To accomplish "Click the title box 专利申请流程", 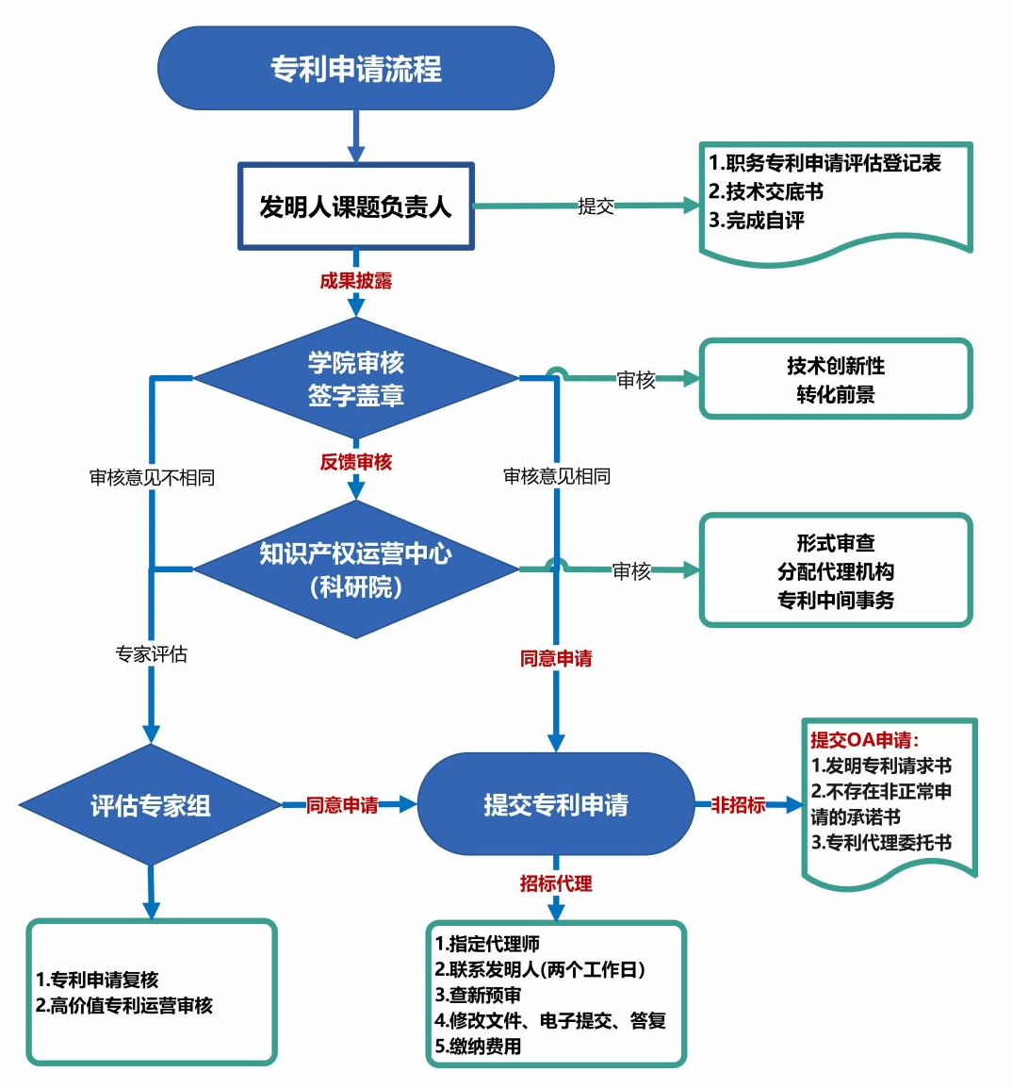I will pyautogui.click(x=355, y=68).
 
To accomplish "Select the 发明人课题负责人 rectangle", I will pyautogui.click(x=355, y=206).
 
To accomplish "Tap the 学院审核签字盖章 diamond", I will pyautogui.click(x=355, y=379).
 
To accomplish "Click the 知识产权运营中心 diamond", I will pyautogui.click(x=355, y=569).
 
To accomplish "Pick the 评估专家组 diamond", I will pyautogui.click(x=151, y=805).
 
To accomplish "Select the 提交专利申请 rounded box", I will pyautogui.click(x=555, y=804).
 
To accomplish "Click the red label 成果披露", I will pyautogui.click(x=355, y=281).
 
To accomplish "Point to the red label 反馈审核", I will pyautogui.click(x=355, y=462).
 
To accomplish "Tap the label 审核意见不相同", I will pyautogui.click(x=152, y=478).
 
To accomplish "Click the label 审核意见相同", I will pyautogui.click(x=557, y=476).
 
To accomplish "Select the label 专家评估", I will pyautogui.click(x=152, y=654).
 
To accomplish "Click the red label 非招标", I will pyautogui.click(x=738, y=805).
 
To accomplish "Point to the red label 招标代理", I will pyautogui.click(x=556, y=883).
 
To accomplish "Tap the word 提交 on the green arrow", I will pyautogui.click(x=596, y=206).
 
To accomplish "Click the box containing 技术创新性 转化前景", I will pyautogui.click(x=835, y=379).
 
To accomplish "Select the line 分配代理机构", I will pyautogui.click(x=835, y=571).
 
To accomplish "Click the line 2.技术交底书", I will pyautogui.click(x=766, y=191).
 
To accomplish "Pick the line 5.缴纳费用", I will pyautogui.click(x=478, y=1046).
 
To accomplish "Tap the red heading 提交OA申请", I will pyautogui.click(x=864, y=740).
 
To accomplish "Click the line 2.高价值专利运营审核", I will pyautogui.click(x=124, y=1006).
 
